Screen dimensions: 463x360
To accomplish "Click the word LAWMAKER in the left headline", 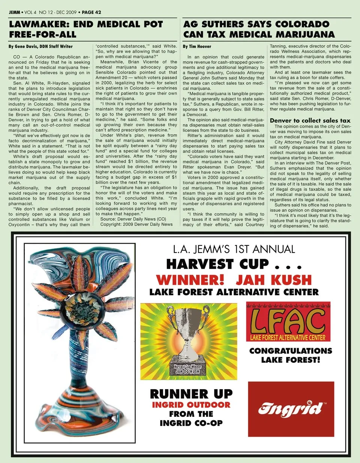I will coord(38,25).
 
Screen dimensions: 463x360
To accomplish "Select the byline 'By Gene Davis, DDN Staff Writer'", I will coord(40,47).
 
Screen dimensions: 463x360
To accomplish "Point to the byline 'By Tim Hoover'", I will coord(197,47).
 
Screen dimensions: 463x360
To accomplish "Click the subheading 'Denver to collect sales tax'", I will coord(310,120).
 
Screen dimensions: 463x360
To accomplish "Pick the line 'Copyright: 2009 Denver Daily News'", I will coord(136,224).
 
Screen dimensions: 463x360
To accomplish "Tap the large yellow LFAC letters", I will coord(288,320).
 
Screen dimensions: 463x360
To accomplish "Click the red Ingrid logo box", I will coord(291,409).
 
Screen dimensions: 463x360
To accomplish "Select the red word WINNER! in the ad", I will coord(190,280).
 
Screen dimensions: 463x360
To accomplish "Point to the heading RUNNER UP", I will coord(191,394).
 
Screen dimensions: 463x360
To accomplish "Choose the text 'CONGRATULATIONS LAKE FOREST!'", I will coord(291,355).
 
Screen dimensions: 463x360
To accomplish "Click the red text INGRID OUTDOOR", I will coord(191,405).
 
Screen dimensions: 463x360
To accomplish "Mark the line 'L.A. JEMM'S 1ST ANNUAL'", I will coord(234,250).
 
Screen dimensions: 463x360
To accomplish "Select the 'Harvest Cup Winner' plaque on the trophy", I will coord(187,369).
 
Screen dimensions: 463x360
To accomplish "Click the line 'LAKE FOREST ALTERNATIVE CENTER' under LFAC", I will coord(288,338).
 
